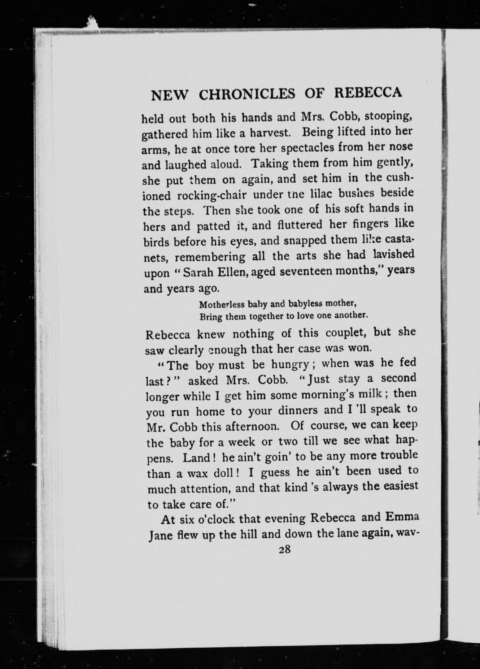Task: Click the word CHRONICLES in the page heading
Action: pyautogui.click(x=247, y=95)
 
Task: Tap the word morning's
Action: pyautogui.click(x=331, y=395)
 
